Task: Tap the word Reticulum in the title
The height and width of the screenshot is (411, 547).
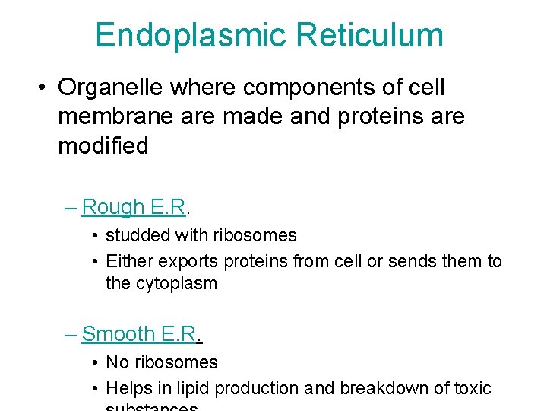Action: [370, 36]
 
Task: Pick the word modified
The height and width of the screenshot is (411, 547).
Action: [103, 145]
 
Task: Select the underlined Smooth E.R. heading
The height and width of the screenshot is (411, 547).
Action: [140, 334]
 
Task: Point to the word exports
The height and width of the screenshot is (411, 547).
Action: [189, 261]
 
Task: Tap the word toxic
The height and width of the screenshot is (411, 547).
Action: [472, 388]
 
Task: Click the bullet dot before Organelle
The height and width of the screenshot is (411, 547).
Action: [42, 88]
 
